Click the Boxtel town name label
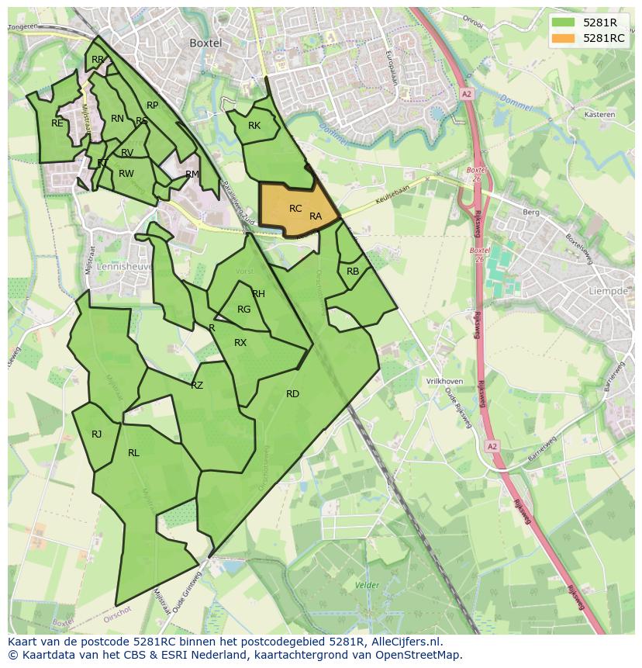pyautogui.click(x=205, y=43)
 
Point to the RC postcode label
pyautogui.click(x=295, y=209)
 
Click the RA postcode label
pyautogui.click(x=316, y=216)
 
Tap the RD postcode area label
pyautogui.click(x=292, y=394)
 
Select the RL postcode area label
pyautogui.click(x=133, y=453)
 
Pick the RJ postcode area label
pyautogui.click(x=96, y=434)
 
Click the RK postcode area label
pyautogui.click(x=254, y=126)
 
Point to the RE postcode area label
pyautogui.click(x=57, y=123)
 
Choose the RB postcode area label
pyautogui.click(x=353, y=272)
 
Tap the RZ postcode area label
pyautogui.click(x=197, y=386)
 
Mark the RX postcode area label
pyautogui.click(x=240, y=343)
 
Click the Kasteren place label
pyautogui.click(x=599, y=114)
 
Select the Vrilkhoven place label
pyautogui.click(x=444, y=382)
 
